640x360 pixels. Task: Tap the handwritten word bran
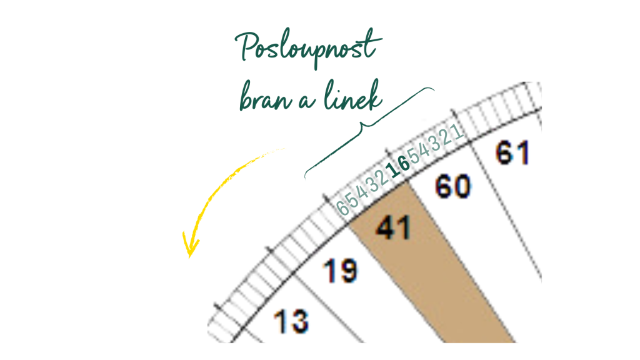point(266,97)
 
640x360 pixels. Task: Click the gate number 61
point(512,152)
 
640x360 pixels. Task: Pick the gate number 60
point(453,186)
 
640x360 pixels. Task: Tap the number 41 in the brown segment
point(393,227)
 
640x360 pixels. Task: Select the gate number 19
point(341,271)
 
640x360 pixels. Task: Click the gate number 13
point(291,321)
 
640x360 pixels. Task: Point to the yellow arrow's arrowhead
point(190,246)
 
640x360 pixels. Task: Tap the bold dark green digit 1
point(394,170)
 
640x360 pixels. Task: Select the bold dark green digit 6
point(404,164)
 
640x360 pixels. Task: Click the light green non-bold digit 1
point(458,131)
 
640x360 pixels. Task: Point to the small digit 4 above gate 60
point(425,149)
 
